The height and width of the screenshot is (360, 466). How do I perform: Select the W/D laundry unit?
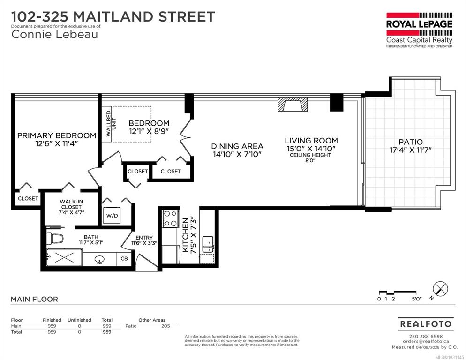(x=112, y=215)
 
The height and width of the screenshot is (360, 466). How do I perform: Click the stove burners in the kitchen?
(x=170, y=218)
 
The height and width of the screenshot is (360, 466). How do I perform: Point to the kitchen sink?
(x=208, y=244)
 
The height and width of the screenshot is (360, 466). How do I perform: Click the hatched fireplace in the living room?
(x=293, y=104)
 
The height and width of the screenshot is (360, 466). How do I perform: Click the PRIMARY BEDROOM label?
(x=56, y=135)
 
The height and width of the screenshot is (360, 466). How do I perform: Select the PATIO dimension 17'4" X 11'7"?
(x=410, y=150)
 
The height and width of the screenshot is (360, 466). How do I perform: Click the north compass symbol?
(x=440, y=288)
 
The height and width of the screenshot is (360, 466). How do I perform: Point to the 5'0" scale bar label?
(x=417, y=299)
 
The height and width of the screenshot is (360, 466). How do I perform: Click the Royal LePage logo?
(x=419, y=30)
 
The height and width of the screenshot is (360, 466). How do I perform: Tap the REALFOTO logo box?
(x=426, y=324)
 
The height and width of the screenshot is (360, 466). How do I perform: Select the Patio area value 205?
(x=165, y=326)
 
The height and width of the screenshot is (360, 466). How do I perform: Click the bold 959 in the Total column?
(x=107, y=332)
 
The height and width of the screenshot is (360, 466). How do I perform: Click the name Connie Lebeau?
(x=55, y=34)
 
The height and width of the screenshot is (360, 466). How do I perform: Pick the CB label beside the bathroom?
(x=124, y=259)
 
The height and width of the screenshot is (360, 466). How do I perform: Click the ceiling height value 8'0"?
(x=310, y=160)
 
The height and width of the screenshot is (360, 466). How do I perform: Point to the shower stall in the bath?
(x=65, y=258)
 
